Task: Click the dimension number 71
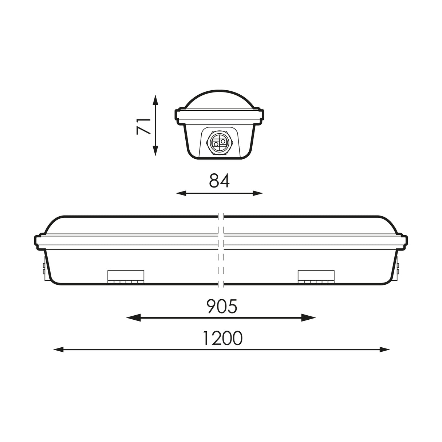pos(143,126)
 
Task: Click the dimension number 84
pos(219,181)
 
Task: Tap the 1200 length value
pos(222,338)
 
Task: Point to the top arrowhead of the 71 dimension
pos(155,98)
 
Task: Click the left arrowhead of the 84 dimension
pos(179,193)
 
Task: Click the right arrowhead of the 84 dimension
pos(259,193)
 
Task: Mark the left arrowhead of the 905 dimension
pos(130,318)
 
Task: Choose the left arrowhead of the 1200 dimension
pos(58,350)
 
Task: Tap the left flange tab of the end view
pos(178,115)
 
